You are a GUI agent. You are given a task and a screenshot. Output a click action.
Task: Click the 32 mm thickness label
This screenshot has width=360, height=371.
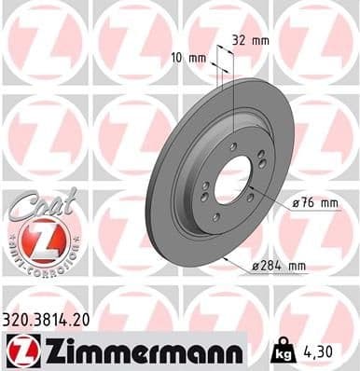click(250, 41)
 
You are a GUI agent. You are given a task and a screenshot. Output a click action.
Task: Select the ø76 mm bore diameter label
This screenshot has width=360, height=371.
click(289, 203)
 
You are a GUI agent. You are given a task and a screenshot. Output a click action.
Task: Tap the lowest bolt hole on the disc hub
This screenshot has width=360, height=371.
click(215, 217)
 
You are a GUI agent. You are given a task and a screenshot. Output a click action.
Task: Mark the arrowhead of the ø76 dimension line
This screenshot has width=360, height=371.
click(250, 189)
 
